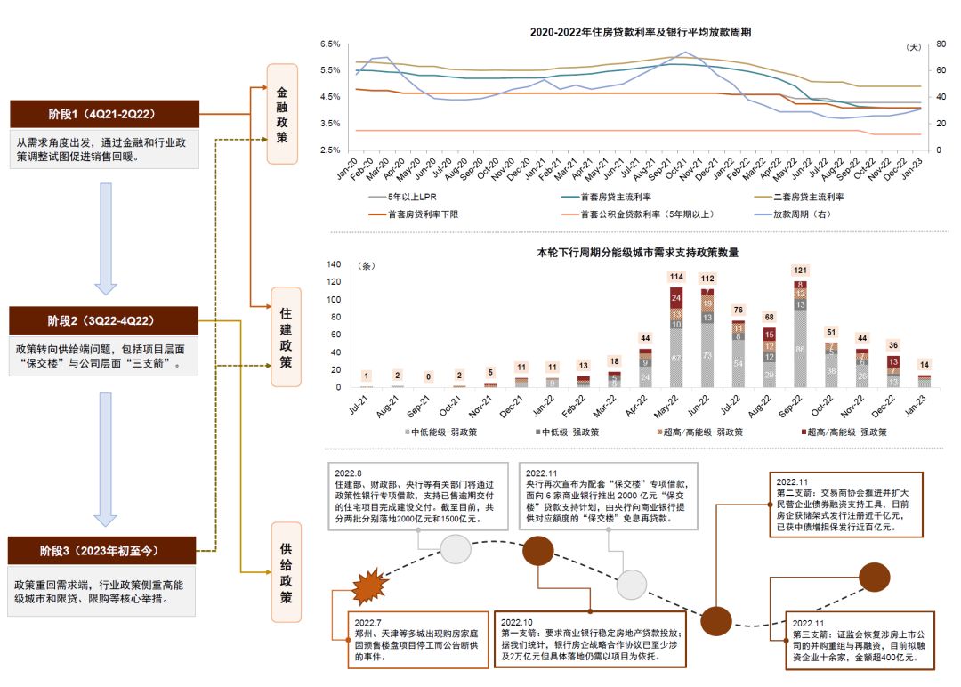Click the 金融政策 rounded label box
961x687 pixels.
[x=282, y=114]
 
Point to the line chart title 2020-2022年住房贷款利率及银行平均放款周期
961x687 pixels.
[x=640, y=32]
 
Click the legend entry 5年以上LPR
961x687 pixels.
[x=411, y=197]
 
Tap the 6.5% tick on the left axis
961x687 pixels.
[x=329, y=44]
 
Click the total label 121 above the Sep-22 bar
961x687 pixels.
[x=800, y=271]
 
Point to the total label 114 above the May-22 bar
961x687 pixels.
[x=676, y=277]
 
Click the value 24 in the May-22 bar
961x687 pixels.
[x=676, y=298]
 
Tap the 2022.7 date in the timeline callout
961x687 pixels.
[x=368, y=622]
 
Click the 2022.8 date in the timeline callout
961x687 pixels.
[x=349, y=472]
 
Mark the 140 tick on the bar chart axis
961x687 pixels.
[x=335, y=264]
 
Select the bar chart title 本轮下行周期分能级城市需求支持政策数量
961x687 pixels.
[x=637, y=252]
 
